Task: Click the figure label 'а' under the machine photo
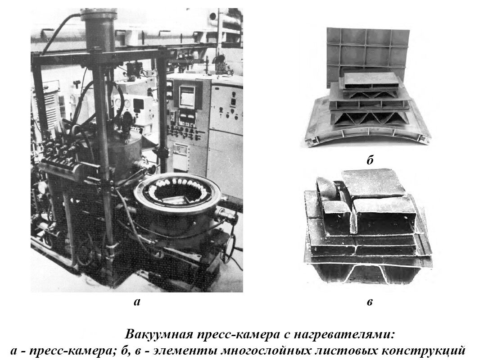click(137, 302)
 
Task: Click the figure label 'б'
click(370, 160)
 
